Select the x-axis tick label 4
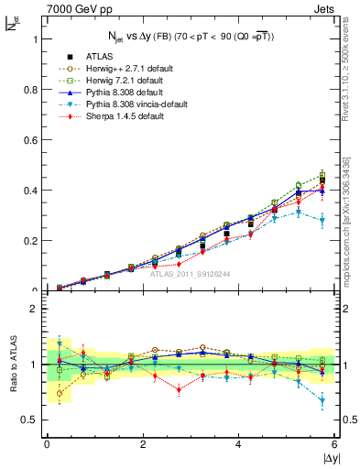pos(239,444)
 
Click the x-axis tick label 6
pos(334,444)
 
